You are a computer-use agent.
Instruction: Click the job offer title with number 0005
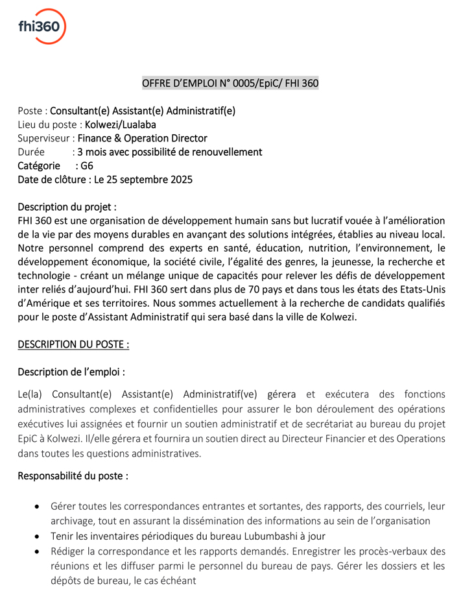pyautogui.click(x=230, y=83)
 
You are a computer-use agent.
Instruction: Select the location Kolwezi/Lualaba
pyautogui.click(x=120, y=125)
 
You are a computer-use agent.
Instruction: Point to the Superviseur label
pyautogui.click(x=44, y=138)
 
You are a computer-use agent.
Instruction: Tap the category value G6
pyautogui.click(x=87, y=165)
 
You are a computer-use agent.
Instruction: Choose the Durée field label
pyautogui.click(x=30, y=152)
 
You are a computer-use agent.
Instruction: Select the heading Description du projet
pyautogui.click(x=67, y=207)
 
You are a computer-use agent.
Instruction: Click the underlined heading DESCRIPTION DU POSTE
pyautogui.click(x=73, y=344)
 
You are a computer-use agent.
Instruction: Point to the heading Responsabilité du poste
pyautogui.click(x=73, y=475)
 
